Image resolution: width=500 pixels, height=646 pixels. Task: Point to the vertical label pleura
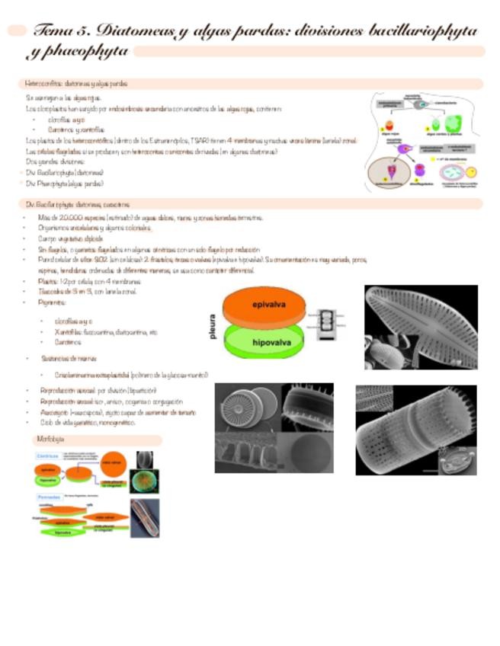pyautogui.click(x=213, y=323)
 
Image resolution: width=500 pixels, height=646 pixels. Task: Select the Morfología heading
pyautogui.click(x=50, y=440)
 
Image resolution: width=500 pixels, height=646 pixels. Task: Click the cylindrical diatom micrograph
pyautogui.click(x=415, y=430)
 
